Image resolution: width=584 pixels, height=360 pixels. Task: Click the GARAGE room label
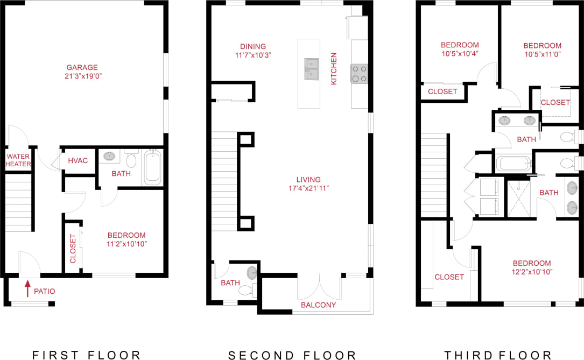(82, 68)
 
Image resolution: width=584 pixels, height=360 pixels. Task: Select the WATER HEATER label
(19, 160)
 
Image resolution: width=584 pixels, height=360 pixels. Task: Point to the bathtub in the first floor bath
(152, 167)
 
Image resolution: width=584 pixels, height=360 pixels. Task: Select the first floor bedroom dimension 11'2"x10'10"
(126, 244)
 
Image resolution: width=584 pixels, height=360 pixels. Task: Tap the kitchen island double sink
(312, 69)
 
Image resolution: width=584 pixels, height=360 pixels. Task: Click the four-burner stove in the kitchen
(358, 73)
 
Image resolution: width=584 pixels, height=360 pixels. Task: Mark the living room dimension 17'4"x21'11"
(308, 188)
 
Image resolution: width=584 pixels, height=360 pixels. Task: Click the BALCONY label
(318, 305)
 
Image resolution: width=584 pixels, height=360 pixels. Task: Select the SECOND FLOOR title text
(292, 355)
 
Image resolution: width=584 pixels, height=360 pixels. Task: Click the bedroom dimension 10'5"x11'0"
(542, 54)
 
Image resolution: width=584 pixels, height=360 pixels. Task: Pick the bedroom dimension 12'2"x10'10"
(532, 272)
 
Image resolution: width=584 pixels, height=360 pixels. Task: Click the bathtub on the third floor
(513, 163)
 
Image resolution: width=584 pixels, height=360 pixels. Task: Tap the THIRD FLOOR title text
(498, 355)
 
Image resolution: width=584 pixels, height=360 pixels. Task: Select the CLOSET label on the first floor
(73, 249)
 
